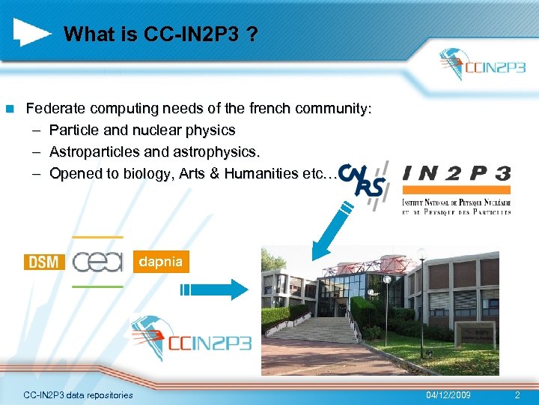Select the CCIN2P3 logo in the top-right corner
click(482, 66)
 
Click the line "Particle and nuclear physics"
click(142, 130)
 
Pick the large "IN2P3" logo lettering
click(457, 175)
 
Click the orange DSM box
click(45, 262)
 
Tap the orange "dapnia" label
click(160, 262)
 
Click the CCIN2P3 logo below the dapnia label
click(191, 341)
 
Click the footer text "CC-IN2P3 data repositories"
click(78, 394)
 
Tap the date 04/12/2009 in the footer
click(448, 394)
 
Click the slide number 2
click(517, 394)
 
